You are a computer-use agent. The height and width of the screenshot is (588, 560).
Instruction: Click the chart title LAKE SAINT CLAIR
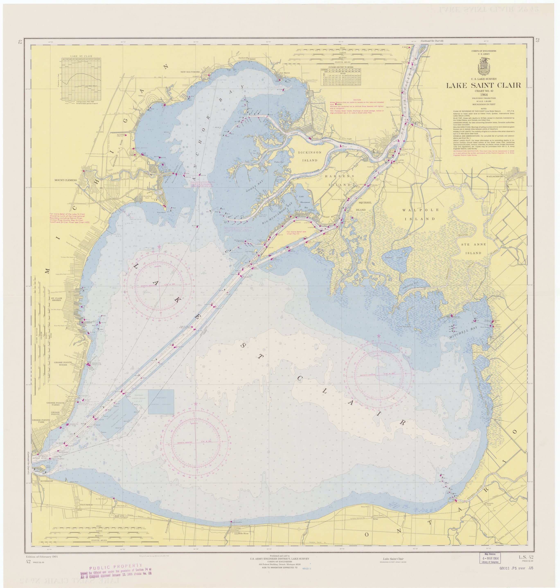[x=483, y=85]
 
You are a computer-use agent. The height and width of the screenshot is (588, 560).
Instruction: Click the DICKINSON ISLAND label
[x=310, y=156]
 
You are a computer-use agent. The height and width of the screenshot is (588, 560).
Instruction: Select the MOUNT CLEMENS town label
[x=65, y=180]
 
